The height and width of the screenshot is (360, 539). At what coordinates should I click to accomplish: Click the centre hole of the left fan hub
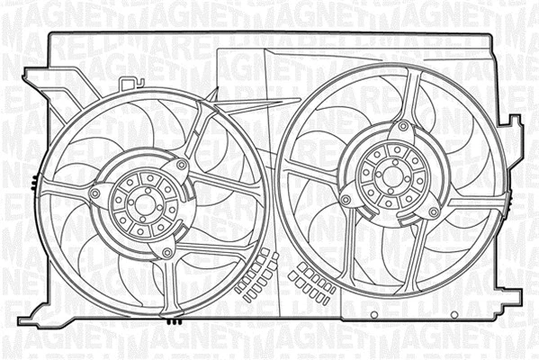[140, 205]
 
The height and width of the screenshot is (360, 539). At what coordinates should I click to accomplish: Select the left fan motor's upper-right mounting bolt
[183, 166]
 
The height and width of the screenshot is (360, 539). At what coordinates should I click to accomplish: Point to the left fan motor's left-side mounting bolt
[95, 193]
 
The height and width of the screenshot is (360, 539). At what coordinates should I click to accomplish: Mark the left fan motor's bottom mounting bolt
[166, 254]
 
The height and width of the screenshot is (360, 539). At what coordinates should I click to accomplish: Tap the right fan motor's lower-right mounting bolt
[434, 212]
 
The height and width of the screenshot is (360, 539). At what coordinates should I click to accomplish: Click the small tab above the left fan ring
[135, 84]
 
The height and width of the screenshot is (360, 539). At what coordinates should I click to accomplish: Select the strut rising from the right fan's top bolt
[409, 94]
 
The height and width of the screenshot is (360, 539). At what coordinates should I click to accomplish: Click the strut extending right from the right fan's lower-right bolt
[468, 207]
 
